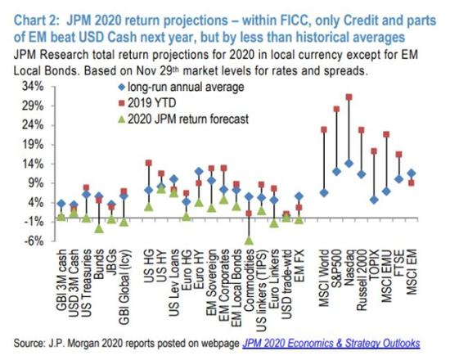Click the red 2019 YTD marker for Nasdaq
coord(349,97)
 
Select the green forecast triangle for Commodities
coord(249,240)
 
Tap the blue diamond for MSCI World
coord(324,192)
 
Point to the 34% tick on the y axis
coord(33,87)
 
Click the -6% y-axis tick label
coord(34,241)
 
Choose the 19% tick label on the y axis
coord(33,144)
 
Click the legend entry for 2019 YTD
coord(147,103)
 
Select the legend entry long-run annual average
coord(181,87)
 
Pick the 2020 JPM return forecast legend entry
coord(183,119)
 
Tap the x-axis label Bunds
coord(99,264)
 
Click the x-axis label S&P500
coord(336,268)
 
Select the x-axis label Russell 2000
coord(362,280)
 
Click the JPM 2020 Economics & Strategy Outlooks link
coord(331,344)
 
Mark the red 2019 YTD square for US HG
coord(149,163)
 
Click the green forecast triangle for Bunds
coord(99,228)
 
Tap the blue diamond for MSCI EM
coord(412,173)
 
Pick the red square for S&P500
coord(336,109)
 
